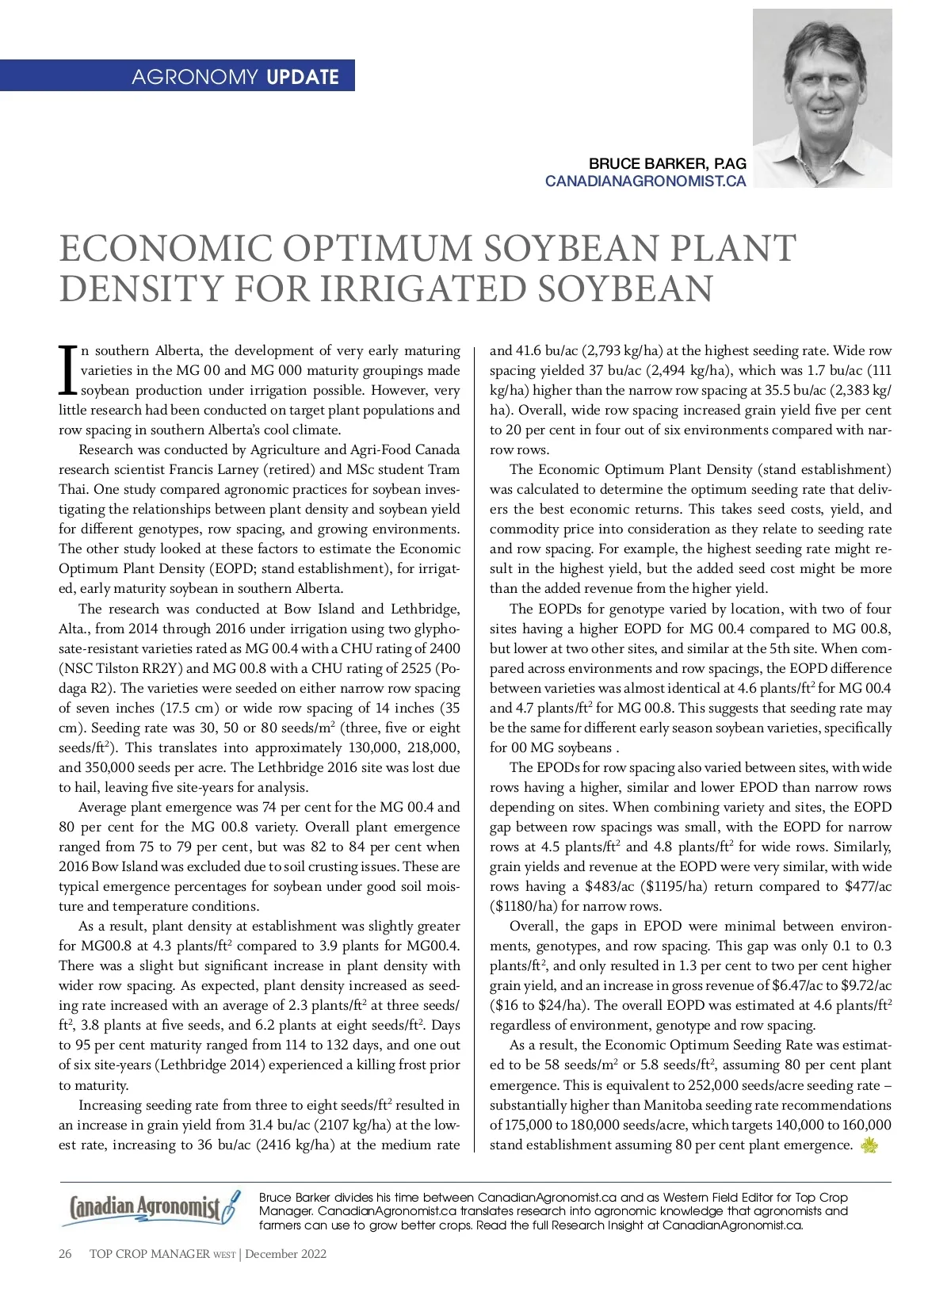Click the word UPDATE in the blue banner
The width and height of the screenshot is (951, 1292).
point(303,77)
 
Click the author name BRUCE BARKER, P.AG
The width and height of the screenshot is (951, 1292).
point(667,163)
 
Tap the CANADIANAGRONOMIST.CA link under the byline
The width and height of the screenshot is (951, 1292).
point(645,181)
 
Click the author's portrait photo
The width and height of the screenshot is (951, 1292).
point(822,98)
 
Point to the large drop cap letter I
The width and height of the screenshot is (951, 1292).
point(68,370)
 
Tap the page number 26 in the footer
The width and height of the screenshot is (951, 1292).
point(65,1254)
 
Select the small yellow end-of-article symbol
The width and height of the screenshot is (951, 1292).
point(869,1145)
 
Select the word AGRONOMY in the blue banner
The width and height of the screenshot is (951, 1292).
point(194,77)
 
